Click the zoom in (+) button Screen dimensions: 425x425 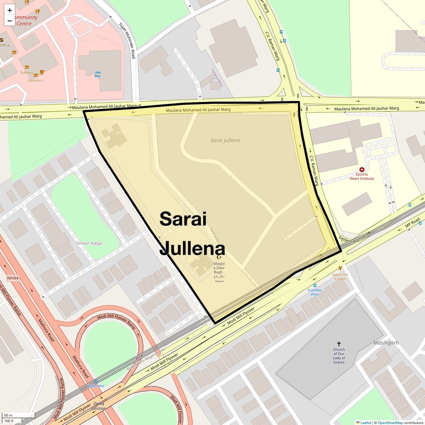point(10,10)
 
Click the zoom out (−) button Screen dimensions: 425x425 point(10,21)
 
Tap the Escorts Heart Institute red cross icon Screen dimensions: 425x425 point(362,170)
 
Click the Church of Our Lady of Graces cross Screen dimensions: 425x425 point(339,344)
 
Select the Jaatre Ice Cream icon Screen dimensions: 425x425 point(340,269)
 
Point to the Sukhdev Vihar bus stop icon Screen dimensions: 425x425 point(314,285)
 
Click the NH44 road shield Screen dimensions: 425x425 point(13,278)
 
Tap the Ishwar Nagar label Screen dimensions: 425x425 point(89,243)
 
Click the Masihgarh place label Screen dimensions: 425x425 point(386,343)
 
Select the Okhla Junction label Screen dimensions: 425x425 point(99,406)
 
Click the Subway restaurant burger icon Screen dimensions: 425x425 point(27,67)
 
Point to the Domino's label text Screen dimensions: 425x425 point(36,80)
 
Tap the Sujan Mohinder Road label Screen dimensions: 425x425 point(127,41)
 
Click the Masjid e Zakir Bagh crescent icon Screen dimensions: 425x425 point(219,257)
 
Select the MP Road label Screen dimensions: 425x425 point(412,222)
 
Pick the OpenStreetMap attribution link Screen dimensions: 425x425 point(390,423)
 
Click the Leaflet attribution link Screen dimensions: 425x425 point(366,423)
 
